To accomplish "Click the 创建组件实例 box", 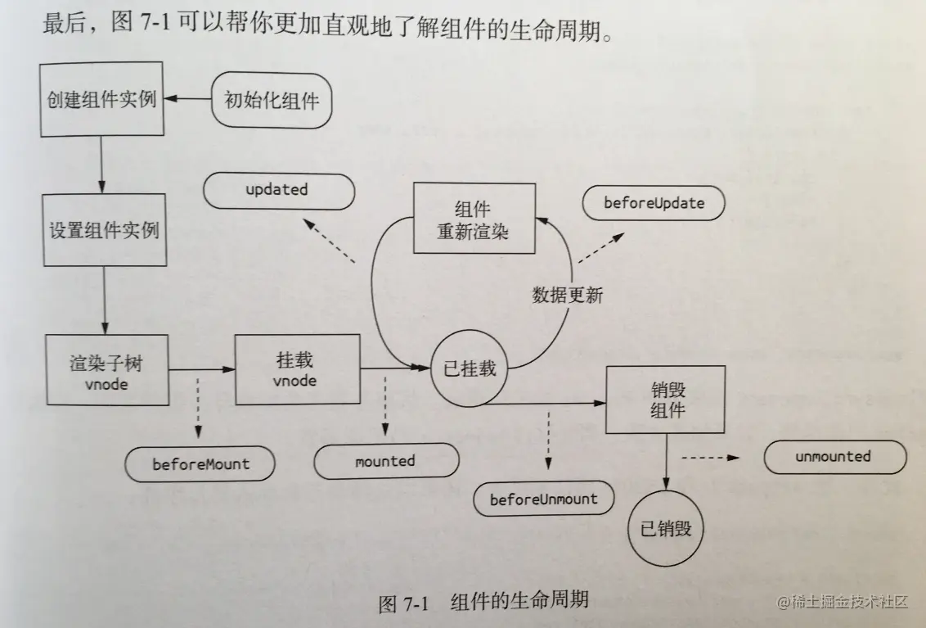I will [102, 101].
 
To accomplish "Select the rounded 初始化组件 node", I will [272, 100].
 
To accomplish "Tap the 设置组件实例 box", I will [104, 230].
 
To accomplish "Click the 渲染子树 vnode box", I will [108, 370].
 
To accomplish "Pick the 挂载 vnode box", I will [297, 369].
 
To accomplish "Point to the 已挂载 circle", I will [469, 368].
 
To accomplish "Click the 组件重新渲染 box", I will [474, 219].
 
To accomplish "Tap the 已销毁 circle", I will [666, 529].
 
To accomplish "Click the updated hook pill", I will [278, 190].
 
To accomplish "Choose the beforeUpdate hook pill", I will [654, 202].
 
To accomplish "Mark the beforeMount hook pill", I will [200, 464].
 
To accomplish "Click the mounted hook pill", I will [385, 462].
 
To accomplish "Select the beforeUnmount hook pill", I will [543, 499].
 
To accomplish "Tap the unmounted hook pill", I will [834, 457].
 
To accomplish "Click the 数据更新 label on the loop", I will [567, 296].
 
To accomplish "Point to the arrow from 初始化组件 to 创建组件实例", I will [187, 100].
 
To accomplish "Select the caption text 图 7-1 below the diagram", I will [404, 604].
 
